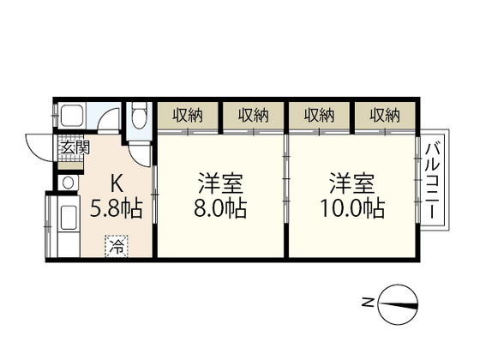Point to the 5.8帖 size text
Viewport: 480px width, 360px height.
point(118,207)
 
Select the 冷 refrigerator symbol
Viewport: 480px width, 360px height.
point(114,246)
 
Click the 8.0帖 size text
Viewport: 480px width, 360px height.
point(219,208)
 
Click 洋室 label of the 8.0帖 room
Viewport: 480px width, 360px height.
point(219,183)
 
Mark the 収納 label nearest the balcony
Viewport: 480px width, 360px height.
point(386,115)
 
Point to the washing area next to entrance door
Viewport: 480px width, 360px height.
point(74,118)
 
